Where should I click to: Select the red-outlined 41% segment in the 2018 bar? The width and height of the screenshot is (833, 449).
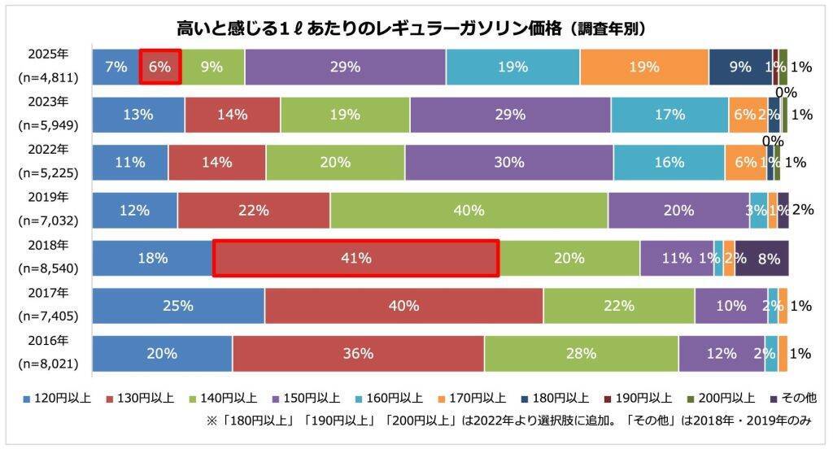pos(355,259)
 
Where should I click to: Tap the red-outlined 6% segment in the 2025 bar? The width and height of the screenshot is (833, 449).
pos(160,67)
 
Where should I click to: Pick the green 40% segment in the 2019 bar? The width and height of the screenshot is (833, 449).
pos(469,211)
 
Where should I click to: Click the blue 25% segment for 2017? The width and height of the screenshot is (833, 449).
pos(178,306)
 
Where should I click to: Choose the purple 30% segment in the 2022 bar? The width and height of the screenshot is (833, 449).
pos(508,163)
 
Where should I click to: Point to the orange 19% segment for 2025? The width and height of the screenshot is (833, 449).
pos(643,67)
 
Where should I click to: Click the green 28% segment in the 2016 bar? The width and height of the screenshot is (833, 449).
pos(581,354)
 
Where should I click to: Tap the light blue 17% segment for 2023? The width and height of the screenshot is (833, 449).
pos(669,115)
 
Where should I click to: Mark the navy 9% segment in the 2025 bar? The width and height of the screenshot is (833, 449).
pos(739,67)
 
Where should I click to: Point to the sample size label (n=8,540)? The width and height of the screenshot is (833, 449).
pos(47,268)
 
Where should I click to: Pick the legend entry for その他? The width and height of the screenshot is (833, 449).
pos(792,398)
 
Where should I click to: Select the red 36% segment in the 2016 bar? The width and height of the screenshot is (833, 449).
pos(358,354)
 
